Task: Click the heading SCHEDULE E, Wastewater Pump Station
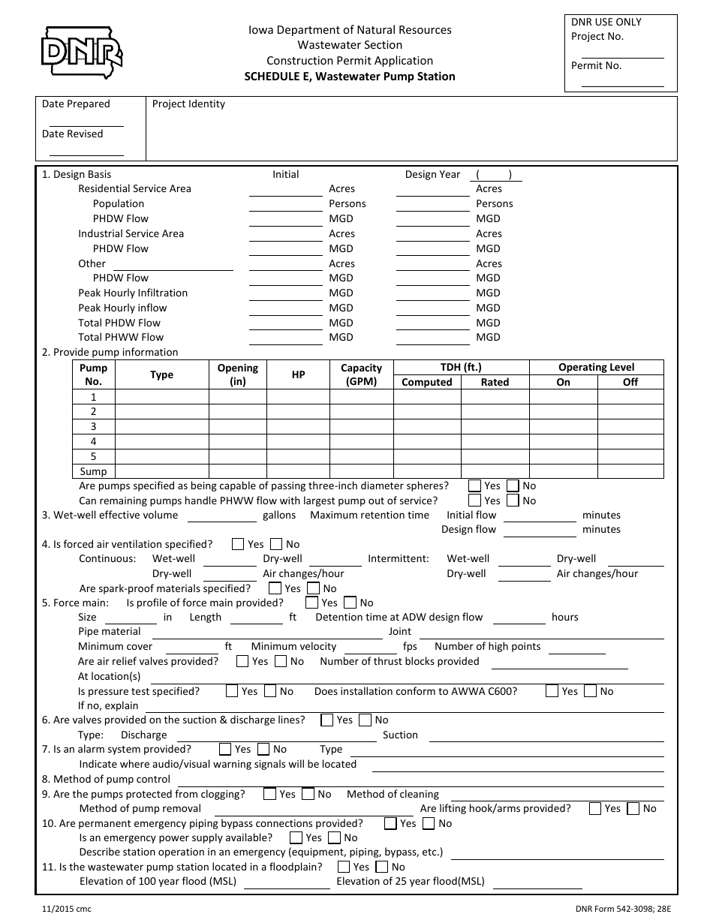click(349, 76)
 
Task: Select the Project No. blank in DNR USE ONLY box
click(622, 51)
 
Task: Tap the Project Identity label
click(188, 104)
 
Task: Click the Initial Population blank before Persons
click(285, 204)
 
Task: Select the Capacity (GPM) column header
click(361, 374)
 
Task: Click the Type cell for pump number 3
click(161, 426)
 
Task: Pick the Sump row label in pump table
click(94, 471)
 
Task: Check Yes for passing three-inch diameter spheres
click(475, 486)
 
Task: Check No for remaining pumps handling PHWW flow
click(513, 501)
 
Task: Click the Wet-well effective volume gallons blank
click(221, 516)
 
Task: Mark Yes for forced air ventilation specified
click(238, 544)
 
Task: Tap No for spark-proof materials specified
click(313, 588)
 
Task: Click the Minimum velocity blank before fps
click(369, 647)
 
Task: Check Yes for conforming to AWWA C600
click(552, 691)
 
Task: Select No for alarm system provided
click(263, 749)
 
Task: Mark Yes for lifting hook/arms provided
click(595, 808)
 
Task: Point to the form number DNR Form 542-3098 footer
click(626, 909)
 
